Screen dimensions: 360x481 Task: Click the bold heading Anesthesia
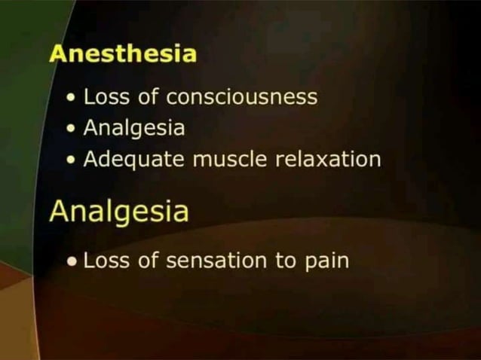coord(123,55)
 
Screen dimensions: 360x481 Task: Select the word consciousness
coord(241,98)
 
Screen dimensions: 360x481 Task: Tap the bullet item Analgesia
coord(133,129)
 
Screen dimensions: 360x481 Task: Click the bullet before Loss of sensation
coord(72,262)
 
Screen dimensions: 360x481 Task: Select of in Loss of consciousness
coord(147,98)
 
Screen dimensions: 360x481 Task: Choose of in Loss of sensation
coord(147,261)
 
